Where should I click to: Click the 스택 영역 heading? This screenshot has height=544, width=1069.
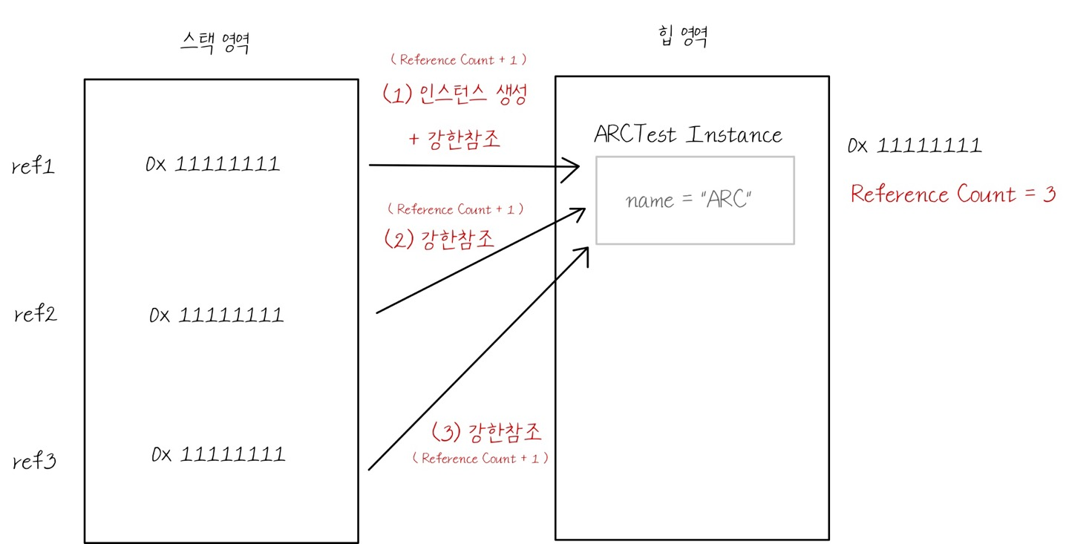click(214, 44)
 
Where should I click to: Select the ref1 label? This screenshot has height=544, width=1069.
click(34, 167)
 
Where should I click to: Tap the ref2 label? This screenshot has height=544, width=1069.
click(36, 315)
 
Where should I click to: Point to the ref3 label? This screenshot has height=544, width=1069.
click(36, 462)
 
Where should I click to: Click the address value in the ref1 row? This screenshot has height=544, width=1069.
click(213, 164)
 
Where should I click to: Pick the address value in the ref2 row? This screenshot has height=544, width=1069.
click(216, 315)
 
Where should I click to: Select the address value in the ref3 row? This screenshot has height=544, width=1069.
click(218, 453)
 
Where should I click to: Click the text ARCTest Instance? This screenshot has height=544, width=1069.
click(688, 135)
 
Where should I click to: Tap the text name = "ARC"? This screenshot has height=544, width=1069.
click(690, 200)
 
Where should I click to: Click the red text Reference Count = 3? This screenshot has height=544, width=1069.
click(952, 194)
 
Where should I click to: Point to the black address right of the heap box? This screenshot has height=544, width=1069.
click(915, 145)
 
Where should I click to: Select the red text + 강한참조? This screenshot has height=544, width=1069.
click(454, 140)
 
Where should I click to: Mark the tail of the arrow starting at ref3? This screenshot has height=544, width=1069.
click(370, 468)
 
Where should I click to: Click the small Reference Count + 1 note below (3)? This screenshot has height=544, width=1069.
click(481, 459)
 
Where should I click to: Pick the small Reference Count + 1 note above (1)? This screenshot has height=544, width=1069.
click(458, 60)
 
